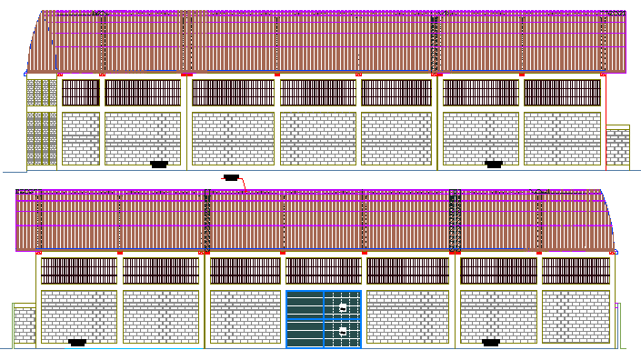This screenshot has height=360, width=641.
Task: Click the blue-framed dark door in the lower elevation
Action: (x=324, y=318)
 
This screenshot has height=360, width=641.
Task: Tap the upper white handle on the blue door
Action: (x=343, y=309)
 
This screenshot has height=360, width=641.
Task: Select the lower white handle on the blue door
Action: (x=343, y=333)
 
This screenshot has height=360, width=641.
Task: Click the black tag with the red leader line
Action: (x=231, y=177)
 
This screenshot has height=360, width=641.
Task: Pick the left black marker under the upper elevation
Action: (x=160, y=165)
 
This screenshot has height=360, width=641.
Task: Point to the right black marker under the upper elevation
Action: (x=494, y=165)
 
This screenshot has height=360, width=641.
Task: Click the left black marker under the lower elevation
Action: (x=77, y=343)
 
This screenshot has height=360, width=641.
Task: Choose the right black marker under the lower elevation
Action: (x=491, y=343)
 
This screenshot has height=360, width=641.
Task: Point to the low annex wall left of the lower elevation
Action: (x=24, y=325)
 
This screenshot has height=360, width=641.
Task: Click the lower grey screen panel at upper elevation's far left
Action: (x=41, y=137)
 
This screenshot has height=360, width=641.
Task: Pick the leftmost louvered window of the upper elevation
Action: (x=80, y=93)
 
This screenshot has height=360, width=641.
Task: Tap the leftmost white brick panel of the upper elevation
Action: (x=80, y=138)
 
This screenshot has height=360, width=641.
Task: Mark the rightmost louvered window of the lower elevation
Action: (x=576, y=270)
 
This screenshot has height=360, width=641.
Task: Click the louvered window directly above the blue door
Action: (x=324, y=270)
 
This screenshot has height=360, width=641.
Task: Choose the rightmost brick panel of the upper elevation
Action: (x=563, y=138)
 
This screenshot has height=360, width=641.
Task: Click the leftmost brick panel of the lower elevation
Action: (x=79, y=317)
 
